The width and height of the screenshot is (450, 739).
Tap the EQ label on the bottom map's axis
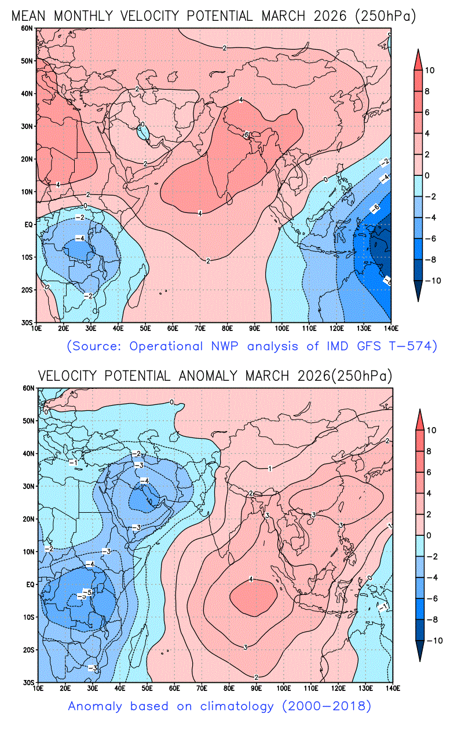pos(29,584)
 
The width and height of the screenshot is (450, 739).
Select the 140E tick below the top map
pos(390,328)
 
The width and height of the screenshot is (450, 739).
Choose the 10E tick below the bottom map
pos(38,688)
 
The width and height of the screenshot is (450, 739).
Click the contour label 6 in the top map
pos(246,135)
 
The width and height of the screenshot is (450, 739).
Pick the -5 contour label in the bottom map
pos(84,594)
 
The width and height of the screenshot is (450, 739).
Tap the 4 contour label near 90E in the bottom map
pos(251,579)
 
